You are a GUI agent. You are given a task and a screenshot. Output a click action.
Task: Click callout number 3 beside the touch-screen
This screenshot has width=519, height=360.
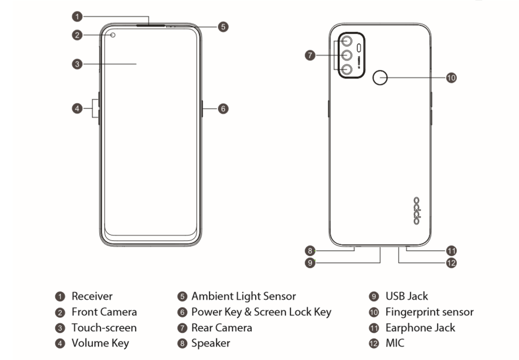[x=78, y=64]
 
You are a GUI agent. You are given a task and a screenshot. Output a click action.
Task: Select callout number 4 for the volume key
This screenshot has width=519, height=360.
[x=78, y=108]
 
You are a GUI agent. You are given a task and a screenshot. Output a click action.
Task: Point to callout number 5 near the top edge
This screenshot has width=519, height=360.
[x=222, y=26]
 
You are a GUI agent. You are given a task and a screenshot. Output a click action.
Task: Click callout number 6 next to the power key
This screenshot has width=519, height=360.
[x=222, y=109]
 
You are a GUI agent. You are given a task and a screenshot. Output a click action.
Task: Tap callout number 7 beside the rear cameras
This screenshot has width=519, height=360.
[x=310, y=55]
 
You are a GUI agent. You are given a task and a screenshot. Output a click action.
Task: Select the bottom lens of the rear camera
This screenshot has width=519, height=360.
[x=346, y=69]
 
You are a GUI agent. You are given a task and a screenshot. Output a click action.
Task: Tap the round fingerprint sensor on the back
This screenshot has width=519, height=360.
[x=380, y=78]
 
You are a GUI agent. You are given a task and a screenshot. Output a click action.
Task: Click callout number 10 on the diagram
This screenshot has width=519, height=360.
[x=451, y=78]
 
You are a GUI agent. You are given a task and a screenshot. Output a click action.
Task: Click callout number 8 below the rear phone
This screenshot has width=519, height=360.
[x=310, y=251]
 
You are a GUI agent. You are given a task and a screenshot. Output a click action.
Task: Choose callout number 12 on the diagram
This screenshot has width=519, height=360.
[x=451, y=263]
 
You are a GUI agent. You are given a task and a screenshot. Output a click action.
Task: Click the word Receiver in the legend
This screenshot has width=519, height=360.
[x=92, y=296]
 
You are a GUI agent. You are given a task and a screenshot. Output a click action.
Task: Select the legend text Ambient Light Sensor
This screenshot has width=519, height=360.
[x=243, y=296]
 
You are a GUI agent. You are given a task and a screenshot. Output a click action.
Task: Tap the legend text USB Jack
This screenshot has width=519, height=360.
[x=406, y=296]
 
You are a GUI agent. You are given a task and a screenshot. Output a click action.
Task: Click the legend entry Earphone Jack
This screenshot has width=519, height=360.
[x=420, y=328]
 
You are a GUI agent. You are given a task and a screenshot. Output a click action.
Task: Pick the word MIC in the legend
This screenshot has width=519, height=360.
[x=395, y=344]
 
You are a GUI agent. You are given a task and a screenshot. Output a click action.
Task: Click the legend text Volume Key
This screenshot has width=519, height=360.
[x=100, y=344]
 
